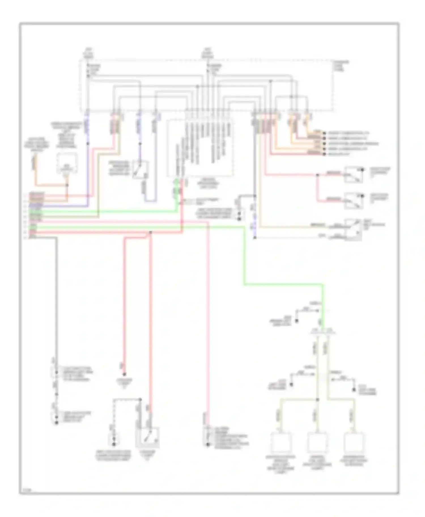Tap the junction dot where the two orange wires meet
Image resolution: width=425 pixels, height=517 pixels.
click(x=67, y=185)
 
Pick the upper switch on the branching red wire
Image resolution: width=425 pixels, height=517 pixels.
click(x=353, y=174)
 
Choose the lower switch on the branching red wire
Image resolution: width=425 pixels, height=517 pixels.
click(x=353, y=201)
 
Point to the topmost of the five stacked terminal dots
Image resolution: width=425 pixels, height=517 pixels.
click(x=324, y=133)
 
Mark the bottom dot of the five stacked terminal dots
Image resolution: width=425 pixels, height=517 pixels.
click(x=324, y=154)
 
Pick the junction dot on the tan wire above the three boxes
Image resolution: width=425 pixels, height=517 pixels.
click(x=317, y=400)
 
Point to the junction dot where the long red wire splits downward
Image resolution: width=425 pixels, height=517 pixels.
click(x=150, y=232)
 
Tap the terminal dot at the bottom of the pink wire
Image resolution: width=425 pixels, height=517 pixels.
click(x=208, y=444)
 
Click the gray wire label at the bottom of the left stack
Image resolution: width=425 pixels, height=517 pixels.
click(x=33, y=237)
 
